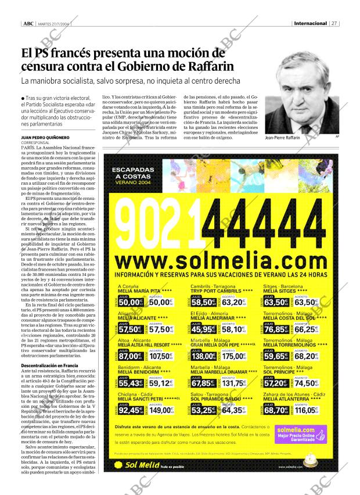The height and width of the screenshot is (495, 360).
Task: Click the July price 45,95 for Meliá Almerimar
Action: click(204, 329)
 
